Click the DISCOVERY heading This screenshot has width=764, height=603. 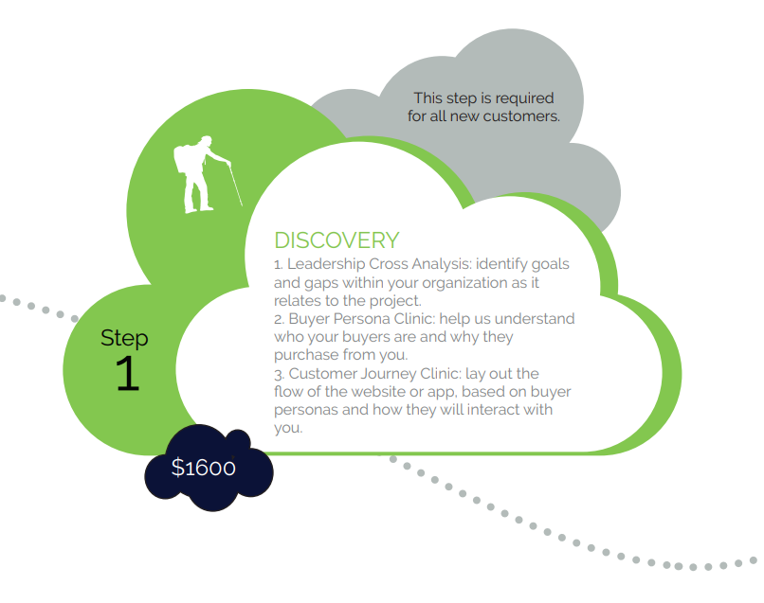click(x=337, y=240)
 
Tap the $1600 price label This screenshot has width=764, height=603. click(x=204, y=468)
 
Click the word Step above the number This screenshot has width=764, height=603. click(x=124, y=338)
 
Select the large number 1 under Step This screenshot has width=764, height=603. click(x=126, y=375)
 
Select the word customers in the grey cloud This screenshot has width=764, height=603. click(x=526, y=116)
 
